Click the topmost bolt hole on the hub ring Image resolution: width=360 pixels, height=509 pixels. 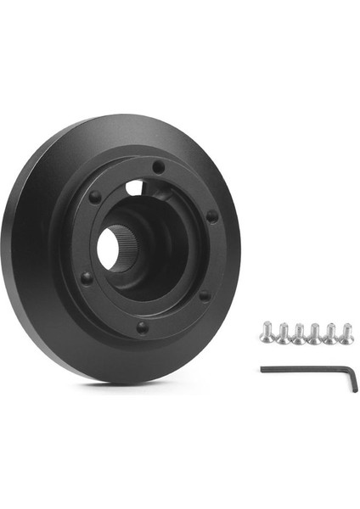coord(159,168)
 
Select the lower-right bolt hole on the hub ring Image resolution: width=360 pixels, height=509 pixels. coord(204,295)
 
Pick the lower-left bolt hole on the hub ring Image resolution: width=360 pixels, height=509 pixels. coord(86,277)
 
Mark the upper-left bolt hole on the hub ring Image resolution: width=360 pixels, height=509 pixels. coord(95,197)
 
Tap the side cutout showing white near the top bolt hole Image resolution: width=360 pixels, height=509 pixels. coord(133,185)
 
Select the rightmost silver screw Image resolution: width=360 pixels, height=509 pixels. coord(346,333)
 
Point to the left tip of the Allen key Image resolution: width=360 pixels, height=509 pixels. coord(262,368)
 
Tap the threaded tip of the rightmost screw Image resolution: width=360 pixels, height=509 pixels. coord(347,340)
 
